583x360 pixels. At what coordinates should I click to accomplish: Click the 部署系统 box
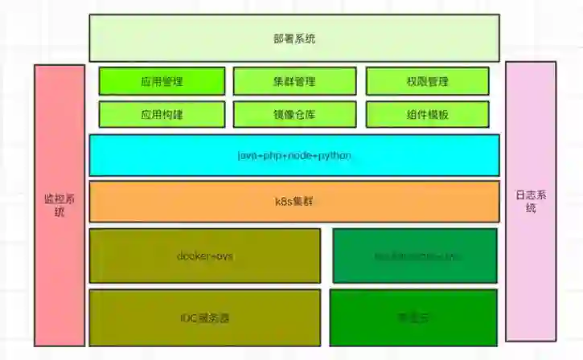(294, 38)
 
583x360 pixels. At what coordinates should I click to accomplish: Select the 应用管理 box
(162, 81)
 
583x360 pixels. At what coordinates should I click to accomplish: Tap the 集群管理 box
(294, 81)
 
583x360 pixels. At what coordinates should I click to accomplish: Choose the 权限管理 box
(427, 81)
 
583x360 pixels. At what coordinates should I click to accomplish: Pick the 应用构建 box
(162, 114)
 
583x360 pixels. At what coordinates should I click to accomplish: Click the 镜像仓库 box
(294, 114)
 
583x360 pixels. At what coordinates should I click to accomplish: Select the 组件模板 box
(427, 114)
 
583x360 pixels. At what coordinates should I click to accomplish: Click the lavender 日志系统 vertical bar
(530, 201)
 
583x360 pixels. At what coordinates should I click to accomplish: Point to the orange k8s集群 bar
(294, 201)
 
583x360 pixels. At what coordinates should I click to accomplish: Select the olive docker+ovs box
(205, 256)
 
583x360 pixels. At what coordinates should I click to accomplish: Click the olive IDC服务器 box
(205, 317)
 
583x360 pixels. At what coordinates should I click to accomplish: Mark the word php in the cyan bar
(273, 155)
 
